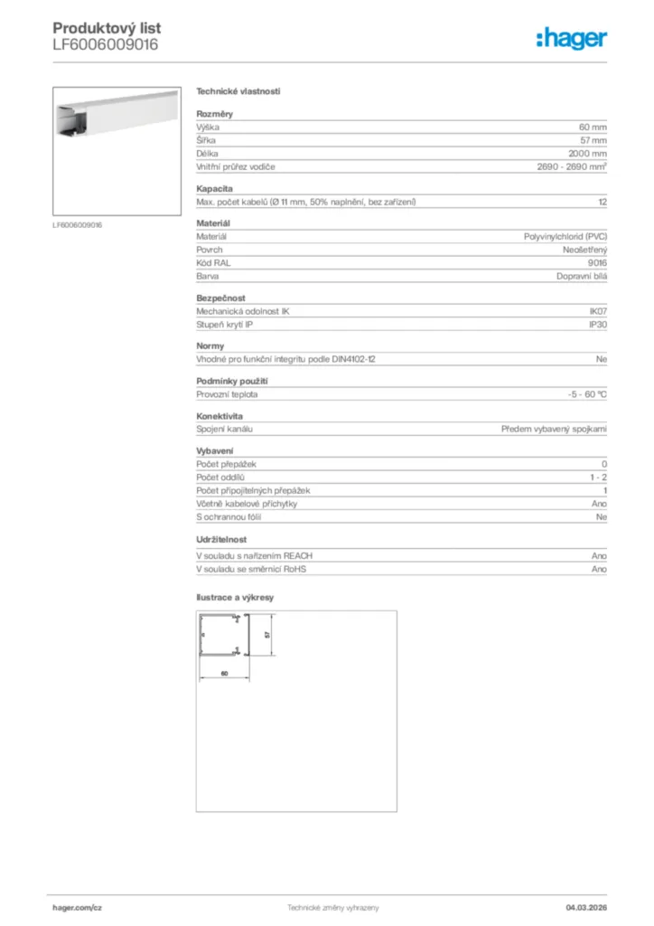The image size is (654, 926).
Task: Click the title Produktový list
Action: (107, 28)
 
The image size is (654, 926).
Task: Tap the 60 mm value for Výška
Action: (593, 128)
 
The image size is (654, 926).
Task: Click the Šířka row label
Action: (206, 141)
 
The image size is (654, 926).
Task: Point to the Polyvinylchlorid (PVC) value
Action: (565, 236)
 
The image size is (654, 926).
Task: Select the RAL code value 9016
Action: (597, 262)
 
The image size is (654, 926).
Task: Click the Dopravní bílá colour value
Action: (582, 276)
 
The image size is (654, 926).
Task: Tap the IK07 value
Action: (598, 311)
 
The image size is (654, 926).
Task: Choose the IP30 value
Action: (598, 324)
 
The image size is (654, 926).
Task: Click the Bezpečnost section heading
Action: (220, 298)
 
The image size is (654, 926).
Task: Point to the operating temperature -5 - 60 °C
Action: (581, 395)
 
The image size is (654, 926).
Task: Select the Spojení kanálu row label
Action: (224, 430)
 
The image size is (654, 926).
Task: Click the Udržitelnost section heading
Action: (221, 539)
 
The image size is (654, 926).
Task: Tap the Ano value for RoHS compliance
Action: (599, 570)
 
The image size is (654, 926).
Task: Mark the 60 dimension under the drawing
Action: (224, 674)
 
